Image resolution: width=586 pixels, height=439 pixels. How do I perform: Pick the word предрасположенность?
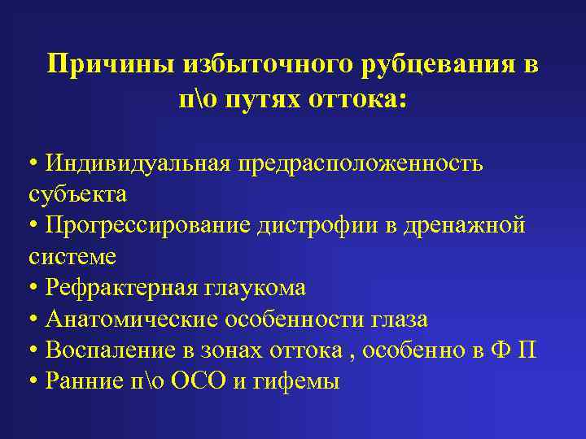click(x=360, y=163)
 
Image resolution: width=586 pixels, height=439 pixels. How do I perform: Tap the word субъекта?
click(x=77, y=195)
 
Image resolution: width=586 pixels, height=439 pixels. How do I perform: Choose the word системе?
click(x=72, y=257)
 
